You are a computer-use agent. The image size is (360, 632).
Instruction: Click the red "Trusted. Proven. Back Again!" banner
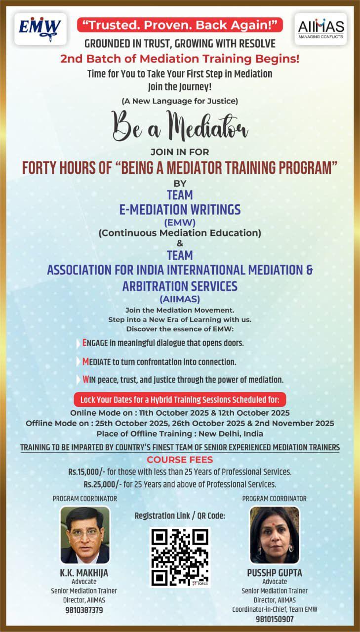click(180, 24)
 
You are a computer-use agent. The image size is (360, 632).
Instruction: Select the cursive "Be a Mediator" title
click(180, 127)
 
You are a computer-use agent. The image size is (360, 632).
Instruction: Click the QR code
click(180, 557)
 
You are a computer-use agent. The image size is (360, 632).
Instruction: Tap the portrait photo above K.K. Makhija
click(85, 535)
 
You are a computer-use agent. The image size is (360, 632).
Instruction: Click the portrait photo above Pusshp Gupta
click(274, 535)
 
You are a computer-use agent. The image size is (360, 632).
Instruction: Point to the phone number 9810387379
click(84, 610)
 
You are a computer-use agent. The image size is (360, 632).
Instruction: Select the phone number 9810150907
click(275, 619)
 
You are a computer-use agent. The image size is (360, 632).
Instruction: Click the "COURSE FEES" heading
click(179, 459)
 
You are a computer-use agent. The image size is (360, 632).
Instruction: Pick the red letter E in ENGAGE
click(85, 342)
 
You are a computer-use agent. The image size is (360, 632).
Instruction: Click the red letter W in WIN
click(85, 380)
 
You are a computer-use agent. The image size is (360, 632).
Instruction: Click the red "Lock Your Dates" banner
click(180, 399)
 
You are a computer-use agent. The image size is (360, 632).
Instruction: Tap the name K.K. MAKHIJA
click(84, 573)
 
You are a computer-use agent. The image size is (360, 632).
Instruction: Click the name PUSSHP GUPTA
click(275, 573)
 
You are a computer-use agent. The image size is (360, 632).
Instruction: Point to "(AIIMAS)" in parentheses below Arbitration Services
click(180, 298)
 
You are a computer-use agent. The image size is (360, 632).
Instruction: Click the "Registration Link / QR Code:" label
click(180, 516)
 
